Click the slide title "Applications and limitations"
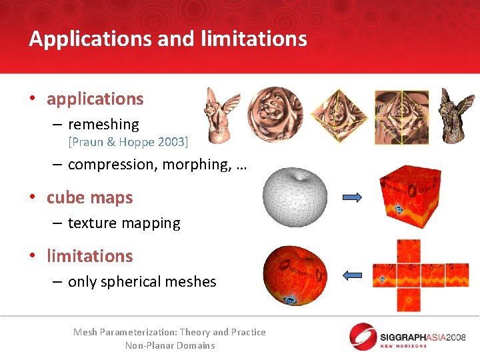pos(168,39)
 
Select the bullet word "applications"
pos(95,99)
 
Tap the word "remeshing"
pos(103,124)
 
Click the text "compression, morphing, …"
pos(157,165)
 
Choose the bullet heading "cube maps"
pos(89,198)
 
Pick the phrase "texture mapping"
pos(124,223)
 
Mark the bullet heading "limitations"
pos(89,256)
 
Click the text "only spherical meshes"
pos(142,281)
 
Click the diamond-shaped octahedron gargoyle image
pos(338,115)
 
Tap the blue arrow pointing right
pos(351,197)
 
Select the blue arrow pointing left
pos(351,274)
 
